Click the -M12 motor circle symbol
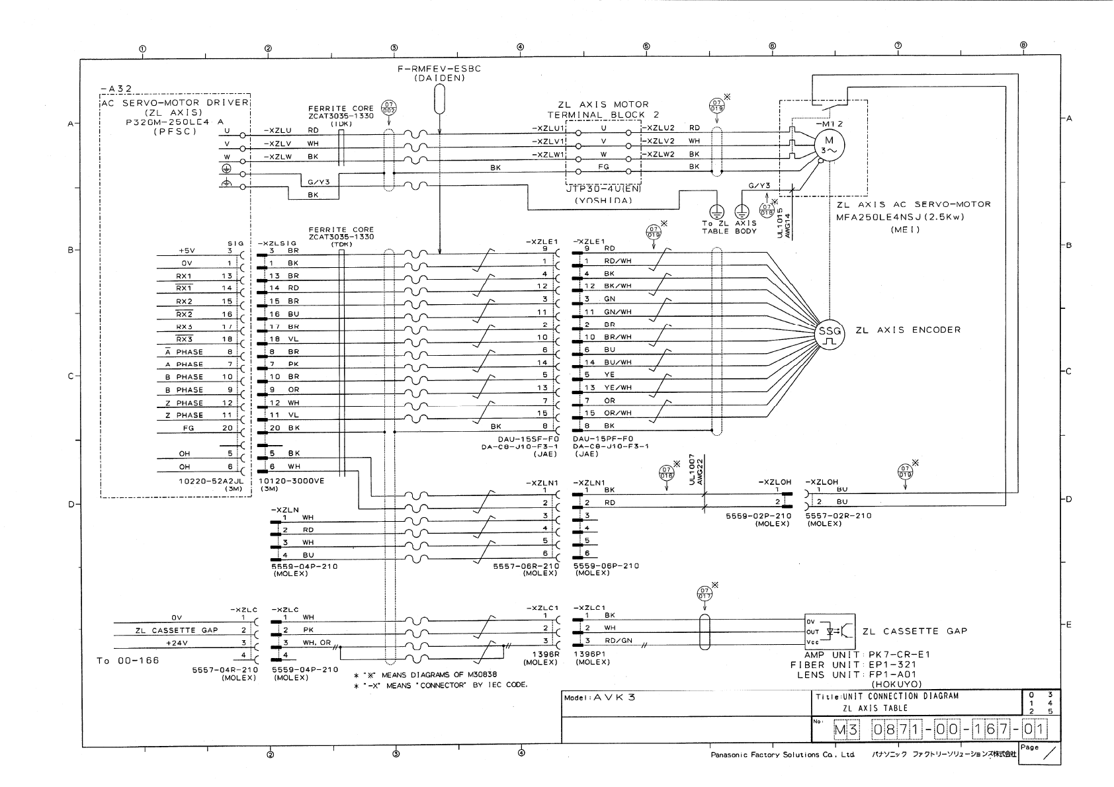[829, 144]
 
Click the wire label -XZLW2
[660, 154]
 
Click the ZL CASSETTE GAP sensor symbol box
[829, 632]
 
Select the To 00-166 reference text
[128, 661]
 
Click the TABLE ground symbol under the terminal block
[715, 212]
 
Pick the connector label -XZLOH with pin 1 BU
[822, 482]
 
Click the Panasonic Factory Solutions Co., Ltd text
[782, 755]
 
